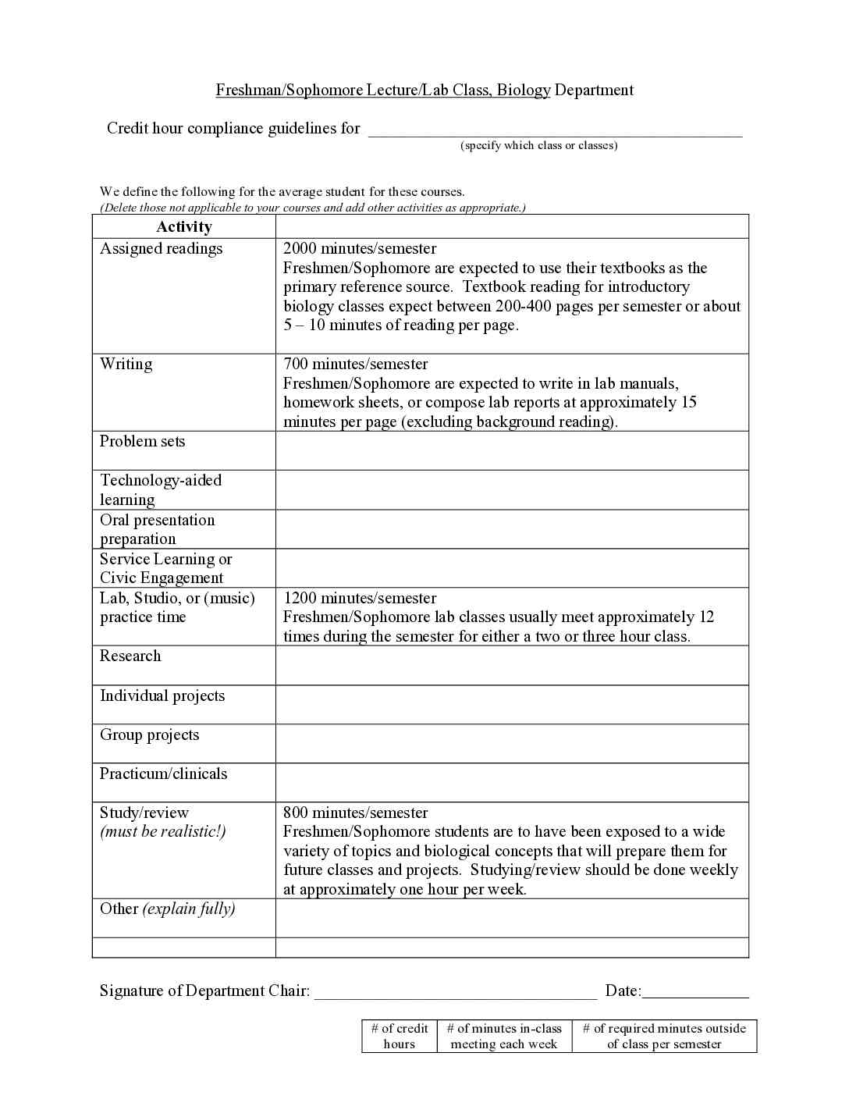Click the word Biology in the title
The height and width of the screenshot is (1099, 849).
point(524,91)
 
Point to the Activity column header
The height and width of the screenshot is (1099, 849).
point(184,227)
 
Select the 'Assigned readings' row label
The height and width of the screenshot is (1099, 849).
point(162,249)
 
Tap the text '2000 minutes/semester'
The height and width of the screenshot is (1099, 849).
point(360,249)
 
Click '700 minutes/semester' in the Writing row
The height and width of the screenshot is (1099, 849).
point(355,365)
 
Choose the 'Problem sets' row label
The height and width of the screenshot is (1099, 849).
point(143,442)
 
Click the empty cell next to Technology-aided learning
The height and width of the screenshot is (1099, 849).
point(512,490)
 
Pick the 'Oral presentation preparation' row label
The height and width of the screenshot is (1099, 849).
point(157,529)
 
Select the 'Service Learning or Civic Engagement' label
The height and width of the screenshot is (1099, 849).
point(165,568)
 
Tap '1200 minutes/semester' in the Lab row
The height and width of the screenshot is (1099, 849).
point(360,599)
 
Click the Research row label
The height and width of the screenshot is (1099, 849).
point(130,656)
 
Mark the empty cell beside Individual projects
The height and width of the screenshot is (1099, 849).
point(512,705)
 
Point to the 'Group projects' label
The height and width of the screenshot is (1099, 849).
point(150,735)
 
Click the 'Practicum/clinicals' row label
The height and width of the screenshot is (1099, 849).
point(164,774)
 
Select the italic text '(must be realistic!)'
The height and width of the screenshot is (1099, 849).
point(163,832)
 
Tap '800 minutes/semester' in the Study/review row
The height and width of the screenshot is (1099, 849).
point(355,813)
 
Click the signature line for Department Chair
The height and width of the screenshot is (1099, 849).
point(455,993)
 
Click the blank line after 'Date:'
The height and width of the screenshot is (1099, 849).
point(695,993)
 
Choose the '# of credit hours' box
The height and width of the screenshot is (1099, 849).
point(400,1037)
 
